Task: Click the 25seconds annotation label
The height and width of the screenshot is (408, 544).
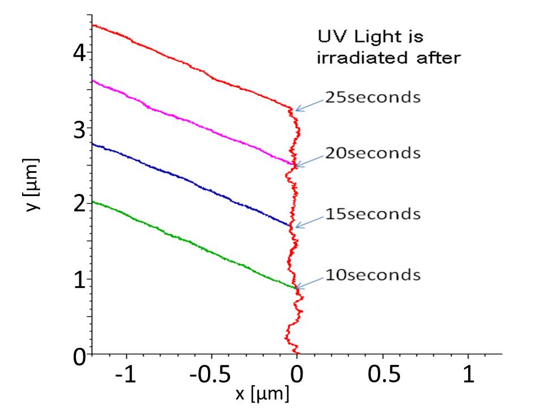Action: (x=372, y=97)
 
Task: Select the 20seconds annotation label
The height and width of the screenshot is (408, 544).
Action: (x=372, y=153)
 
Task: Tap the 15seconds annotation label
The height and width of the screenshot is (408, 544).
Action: (x=372, y=214)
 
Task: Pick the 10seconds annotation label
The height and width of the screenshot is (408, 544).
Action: (x=372, y=275)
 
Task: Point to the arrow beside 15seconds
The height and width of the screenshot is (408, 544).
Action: (x=309, y=221)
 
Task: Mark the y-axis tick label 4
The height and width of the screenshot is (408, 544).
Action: (x=79, y=53)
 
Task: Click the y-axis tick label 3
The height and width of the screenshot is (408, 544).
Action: (x=79, y=129)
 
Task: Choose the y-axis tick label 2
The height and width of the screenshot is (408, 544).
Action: (x=79, y=205)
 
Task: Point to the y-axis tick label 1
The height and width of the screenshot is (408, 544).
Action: (x=79, y=280)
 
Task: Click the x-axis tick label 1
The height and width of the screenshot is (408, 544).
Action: (x=468, y=375)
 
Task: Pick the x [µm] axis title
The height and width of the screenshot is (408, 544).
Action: (x=262, y=393)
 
